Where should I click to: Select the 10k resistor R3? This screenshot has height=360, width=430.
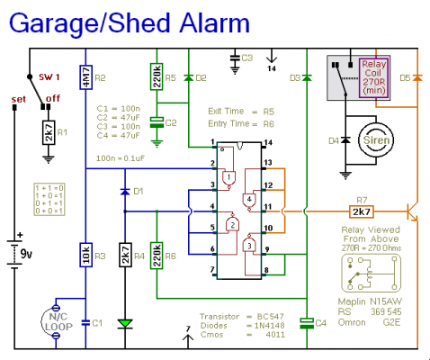[x=87, y=256]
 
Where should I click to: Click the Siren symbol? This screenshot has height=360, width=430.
[x=375, y=139]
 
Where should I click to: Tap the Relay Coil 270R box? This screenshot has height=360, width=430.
[x=372, y=76]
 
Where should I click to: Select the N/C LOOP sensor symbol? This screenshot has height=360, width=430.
[x=55, y=322]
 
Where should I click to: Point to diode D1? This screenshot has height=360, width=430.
[x=122, y=192]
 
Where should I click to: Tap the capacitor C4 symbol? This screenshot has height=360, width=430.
[x=307, y=321]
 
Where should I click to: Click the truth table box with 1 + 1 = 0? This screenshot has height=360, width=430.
[x=46, y=198]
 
